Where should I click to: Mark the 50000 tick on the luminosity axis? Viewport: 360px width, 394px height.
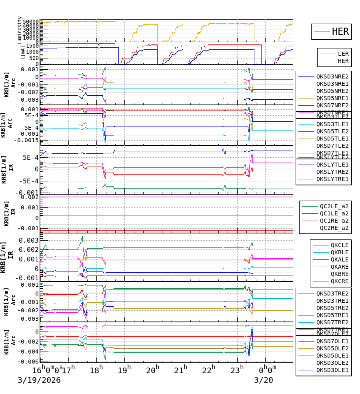click(x=31, y=22)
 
